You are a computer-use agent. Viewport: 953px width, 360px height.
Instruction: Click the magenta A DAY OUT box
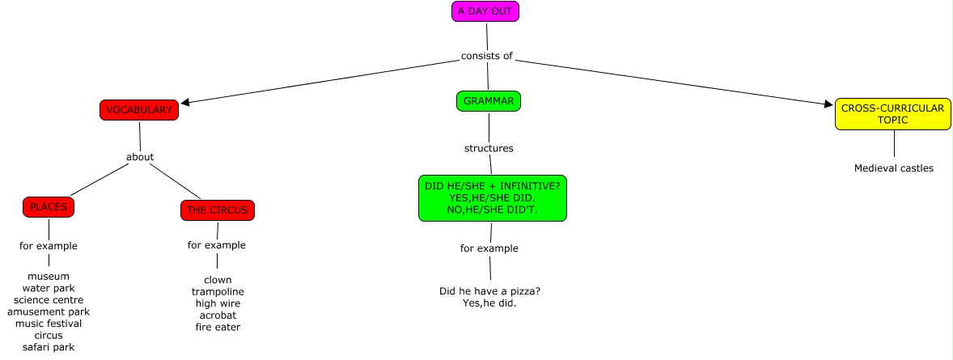click(485, 11)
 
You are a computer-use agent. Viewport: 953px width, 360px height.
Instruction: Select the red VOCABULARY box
click(138, 110)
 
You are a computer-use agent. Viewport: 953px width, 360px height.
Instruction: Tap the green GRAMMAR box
click(488, 101)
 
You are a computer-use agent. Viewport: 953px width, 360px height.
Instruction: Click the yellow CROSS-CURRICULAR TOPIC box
click(892, 114)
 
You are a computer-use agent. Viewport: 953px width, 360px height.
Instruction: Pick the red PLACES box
click(49, 207)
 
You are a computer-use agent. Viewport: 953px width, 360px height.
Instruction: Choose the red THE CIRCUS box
click(217, 210)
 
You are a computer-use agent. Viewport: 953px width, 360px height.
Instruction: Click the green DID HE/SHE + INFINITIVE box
click(492, 197)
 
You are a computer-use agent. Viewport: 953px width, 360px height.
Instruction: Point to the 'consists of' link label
click(486, 56)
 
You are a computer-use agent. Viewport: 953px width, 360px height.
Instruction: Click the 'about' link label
click(140, 157)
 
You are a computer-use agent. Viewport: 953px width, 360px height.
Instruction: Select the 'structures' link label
click(489, 148)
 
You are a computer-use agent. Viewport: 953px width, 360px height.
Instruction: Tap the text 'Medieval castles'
click(894, 168)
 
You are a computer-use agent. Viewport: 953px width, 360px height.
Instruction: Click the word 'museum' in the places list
click(49, 276)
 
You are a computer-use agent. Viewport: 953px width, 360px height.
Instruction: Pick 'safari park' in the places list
click(49, 347)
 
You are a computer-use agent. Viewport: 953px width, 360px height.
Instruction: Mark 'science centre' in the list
click(49, 299)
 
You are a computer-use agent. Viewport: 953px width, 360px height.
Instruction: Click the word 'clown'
click(218, 280)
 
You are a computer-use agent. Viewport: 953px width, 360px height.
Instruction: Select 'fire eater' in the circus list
click(218, 327)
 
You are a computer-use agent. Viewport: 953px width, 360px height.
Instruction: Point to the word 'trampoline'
click(218, 291)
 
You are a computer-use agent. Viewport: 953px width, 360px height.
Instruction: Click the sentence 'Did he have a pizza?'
click(489, 291)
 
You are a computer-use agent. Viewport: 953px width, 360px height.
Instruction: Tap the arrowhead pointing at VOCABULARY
click(185, 104)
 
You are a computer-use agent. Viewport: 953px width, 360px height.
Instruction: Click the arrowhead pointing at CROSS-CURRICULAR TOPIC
click(828, 104)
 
